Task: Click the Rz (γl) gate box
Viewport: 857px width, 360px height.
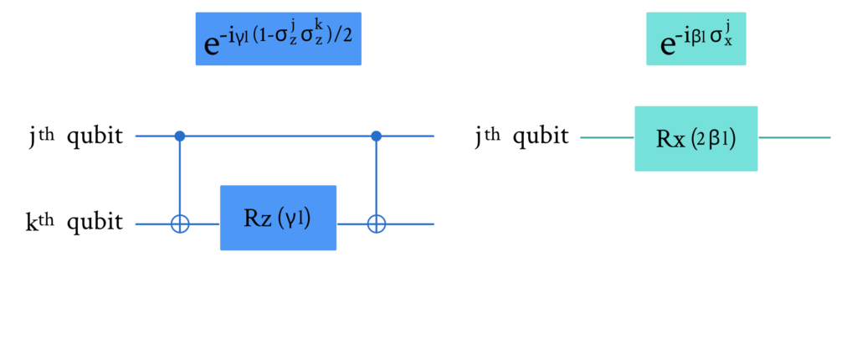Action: (278, 218)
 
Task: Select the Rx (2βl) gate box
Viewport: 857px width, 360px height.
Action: (695, 138)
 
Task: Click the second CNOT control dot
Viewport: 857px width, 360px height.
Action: (376, 135)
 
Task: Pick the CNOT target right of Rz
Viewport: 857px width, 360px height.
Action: (376, 224)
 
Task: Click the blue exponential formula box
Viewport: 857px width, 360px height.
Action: (278, 39)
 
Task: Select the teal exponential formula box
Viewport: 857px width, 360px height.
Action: (695, 39)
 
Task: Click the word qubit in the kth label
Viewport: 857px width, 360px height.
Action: (95, 224)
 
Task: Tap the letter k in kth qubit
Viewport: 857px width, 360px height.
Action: (32, 224)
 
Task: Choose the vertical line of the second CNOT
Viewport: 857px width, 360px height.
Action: (376, 179)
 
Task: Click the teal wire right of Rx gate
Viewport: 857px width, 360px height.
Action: (794, 137)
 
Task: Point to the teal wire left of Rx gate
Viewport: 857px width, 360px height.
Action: (608, 137)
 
